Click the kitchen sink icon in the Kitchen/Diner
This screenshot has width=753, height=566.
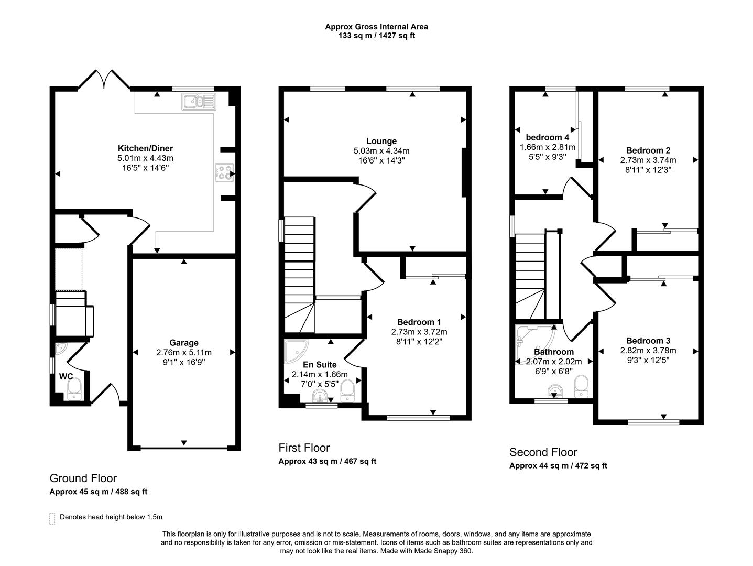pos(199,102)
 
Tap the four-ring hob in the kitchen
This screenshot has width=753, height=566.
pos(224,173)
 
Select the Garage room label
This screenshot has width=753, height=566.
pos(183,343)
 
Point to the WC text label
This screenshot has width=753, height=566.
pos(66,376)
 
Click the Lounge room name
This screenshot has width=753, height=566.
pos(381,141)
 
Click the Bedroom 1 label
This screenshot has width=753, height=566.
pos(419,322)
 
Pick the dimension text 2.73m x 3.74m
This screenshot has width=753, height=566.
pos(648,160)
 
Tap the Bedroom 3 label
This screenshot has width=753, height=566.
pos(648,341)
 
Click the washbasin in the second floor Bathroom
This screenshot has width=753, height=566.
pos(554,392)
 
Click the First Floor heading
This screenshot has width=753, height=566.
pos(304,448)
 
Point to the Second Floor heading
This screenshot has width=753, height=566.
pos(543,452)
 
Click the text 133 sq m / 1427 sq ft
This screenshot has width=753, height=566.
pos(376,36)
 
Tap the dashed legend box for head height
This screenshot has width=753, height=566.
pos(52,518)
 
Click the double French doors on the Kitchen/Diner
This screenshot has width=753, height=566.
pos(104,80)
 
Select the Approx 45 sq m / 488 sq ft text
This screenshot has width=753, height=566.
pos(99,492)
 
